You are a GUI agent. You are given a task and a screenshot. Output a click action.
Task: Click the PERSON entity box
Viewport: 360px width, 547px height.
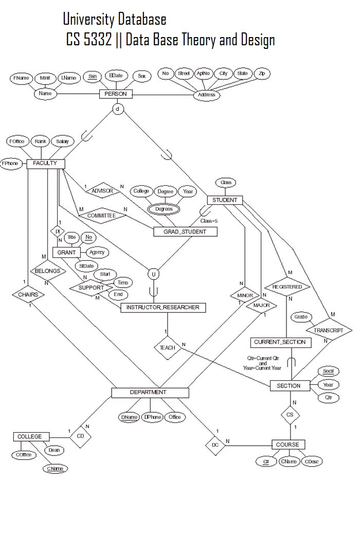(x=115, y=94)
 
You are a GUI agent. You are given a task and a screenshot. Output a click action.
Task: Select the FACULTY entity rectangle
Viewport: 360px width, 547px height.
(x=45, y=164)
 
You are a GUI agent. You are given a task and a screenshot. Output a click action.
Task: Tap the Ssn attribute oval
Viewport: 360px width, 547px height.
(x=93, y=76)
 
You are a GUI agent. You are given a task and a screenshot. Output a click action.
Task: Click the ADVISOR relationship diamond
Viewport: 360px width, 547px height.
(x=102, y=191)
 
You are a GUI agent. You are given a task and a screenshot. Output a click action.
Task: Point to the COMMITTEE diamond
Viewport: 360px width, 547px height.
(x=101, y=216)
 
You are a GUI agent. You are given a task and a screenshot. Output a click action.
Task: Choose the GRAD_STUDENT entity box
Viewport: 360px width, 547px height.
(x=185, y=232)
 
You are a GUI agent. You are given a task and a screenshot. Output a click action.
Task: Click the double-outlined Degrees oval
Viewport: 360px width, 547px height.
(x=164, y=209)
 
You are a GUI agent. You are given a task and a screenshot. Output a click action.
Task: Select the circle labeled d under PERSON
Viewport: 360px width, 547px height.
(x=118, y=109)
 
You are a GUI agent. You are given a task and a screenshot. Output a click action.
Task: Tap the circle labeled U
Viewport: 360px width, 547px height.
(x=153, y=274)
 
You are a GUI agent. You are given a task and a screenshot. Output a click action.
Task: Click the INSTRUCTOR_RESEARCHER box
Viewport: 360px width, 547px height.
(x=163, y=308)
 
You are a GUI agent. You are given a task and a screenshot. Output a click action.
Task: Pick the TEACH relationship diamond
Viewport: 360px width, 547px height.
(x=167, y=347)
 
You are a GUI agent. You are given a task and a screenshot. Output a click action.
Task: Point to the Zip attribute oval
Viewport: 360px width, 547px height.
(x=262, y=74)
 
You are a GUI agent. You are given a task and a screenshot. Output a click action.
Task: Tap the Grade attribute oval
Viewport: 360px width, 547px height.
(x=301, y=317)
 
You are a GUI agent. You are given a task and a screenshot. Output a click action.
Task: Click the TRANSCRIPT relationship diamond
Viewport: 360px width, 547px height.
(x=329, y=330)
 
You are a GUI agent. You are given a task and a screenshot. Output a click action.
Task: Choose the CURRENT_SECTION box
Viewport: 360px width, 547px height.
(x=280, y=342)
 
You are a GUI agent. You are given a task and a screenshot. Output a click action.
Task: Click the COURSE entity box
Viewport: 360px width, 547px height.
(x=288, y=444)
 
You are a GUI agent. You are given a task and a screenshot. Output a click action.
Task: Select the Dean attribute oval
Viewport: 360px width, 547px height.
(x=53, y=450)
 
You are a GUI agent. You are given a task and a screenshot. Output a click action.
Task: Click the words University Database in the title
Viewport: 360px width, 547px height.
(x=114, y=20)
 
